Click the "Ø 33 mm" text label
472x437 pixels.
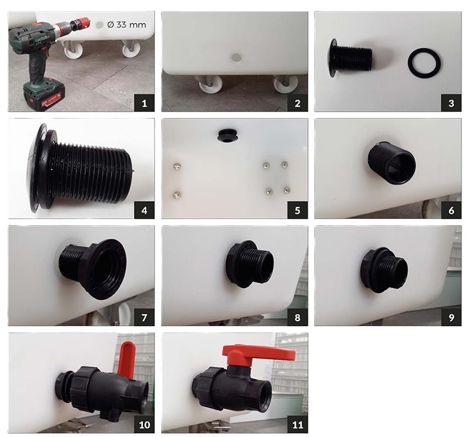coord(126,24)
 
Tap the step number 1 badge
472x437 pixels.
coord(144,103)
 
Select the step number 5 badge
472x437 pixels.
coord(297,210)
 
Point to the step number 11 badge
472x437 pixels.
coord(297,424)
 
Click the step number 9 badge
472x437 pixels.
coord(451,317)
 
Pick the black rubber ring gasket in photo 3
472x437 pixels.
coord(424,62)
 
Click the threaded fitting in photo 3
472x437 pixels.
coord(350,58)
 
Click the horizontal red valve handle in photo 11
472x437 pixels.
coord(259,355)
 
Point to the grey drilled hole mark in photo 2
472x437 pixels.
coord(236,57)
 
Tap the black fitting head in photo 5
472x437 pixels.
coord(227,135)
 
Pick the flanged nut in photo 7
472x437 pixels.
coord(104,269)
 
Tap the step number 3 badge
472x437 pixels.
coord(451,103)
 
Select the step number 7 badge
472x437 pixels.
coord(144,317)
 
